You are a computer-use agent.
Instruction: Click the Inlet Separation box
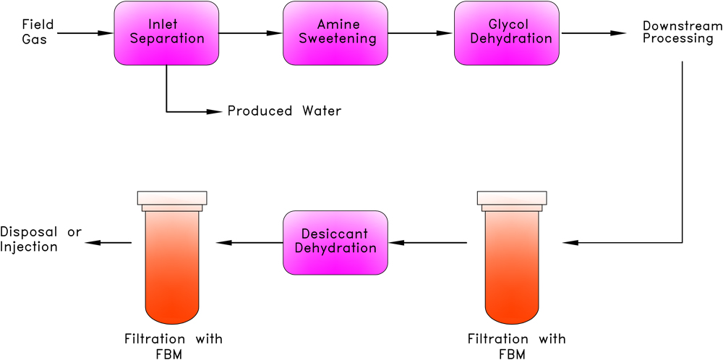pos(166,33)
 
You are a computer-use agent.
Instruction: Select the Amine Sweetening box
pos(336,33)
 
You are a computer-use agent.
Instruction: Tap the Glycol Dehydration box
pos(506,33)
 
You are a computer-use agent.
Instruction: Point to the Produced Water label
pos(284,111)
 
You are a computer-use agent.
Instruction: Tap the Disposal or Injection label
pos(40,239)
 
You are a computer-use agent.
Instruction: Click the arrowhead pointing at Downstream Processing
pos(618,33)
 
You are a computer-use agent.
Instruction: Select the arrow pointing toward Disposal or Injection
pos(108,242)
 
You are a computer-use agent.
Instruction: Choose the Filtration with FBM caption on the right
pos(516,346)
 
